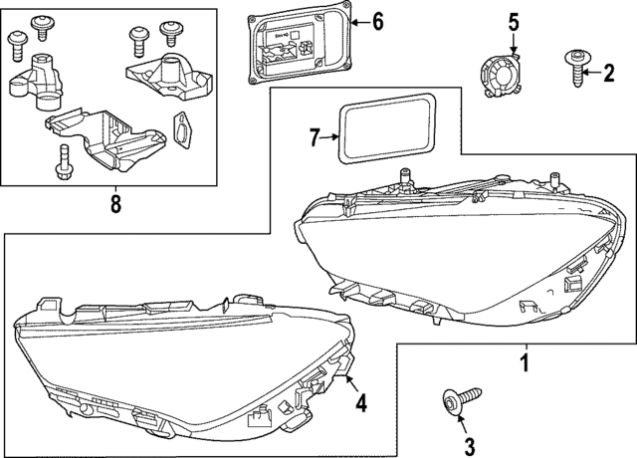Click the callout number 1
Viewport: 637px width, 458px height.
click(x=525, y=363)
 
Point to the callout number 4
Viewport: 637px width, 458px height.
click(x=361, y=403)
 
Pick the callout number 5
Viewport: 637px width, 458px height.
click(x=514, y=21)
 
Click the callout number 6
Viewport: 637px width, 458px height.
click(x=378, y=20)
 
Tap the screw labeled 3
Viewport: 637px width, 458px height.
click(x=458, y=402)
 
